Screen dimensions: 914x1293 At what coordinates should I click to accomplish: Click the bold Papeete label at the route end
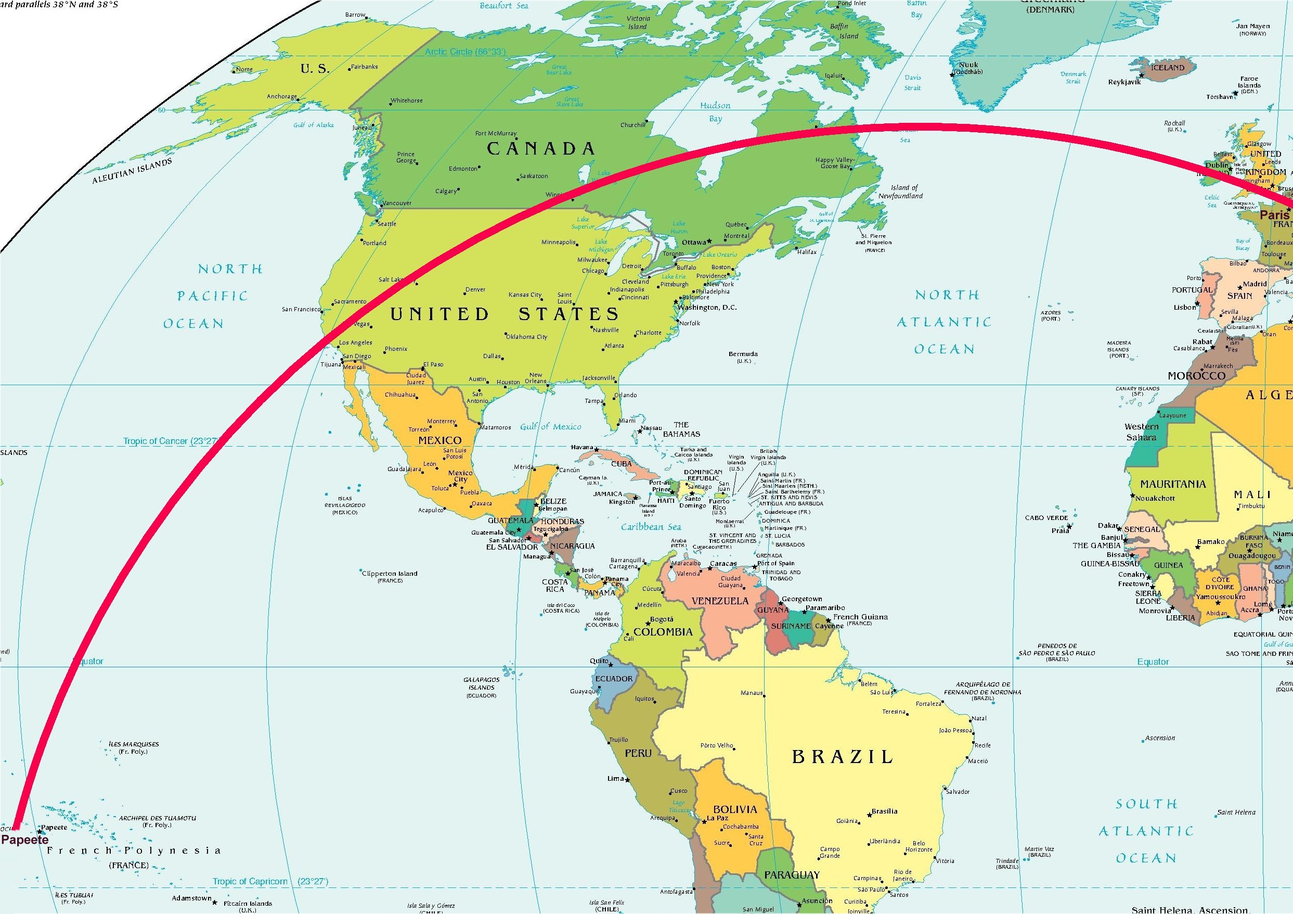[24, 840]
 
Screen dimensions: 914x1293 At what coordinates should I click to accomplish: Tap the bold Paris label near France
[1274, 214]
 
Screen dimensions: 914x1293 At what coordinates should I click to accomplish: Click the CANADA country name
[540, 149]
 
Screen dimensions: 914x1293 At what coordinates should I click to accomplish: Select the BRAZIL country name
[842, 757]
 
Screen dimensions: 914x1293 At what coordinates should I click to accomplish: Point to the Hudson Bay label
[715, 111]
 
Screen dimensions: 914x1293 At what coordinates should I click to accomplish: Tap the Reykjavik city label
[1124, 82]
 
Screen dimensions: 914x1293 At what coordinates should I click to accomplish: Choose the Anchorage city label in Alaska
[281, 96]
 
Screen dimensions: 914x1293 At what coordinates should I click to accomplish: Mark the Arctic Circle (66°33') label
[465, 52]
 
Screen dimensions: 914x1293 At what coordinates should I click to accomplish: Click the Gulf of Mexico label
[550, 427]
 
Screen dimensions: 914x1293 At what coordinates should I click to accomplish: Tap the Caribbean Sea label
[651, 527]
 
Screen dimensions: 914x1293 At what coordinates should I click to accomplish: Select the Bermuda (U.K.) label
[743, 357]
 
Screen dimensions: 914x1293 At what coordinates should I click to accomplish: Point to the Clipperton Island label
[390, 576]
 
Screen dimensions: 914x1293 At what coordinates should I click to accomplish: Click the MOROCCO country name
[1196, 376]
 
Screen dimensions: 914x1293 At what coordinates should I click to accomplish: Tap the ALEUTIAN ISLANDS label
[132, 171]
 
